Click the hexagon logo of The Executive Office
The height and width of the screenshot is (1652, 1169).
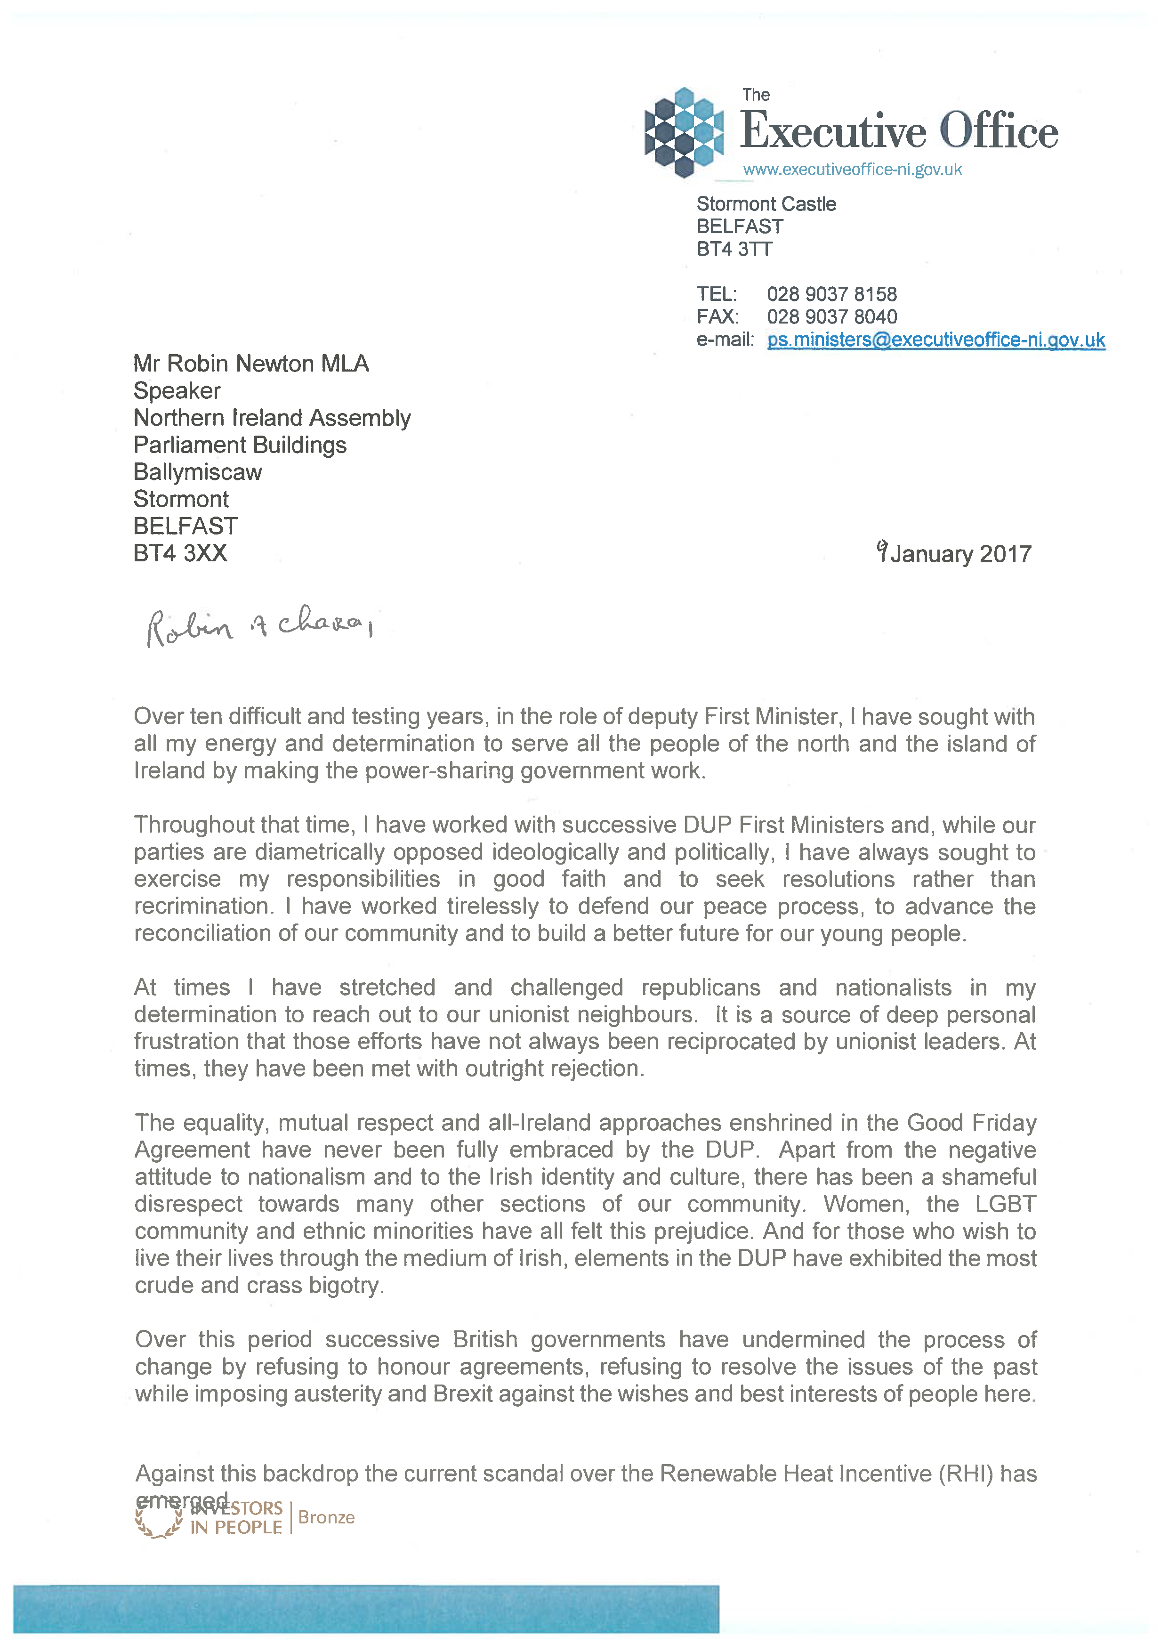click(683, 132)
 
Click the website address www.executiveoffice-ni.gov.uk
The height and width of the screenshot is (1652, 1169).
click(852, 170)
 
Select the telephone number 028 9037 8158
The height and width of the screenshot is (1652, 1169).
click(831, 294)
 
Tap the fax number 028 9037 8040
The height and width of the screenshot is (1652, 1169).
click(831, 317)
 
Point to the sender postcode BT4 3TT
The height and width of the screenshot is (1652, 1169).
click(734, 249)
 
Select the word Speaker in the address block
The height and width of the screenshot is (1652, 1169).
click(177, 391)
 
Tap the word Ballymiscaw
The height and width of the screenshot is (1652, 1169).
click(198, 472)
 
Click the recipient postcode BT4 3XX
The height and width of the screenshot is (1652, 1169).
click(180, 553)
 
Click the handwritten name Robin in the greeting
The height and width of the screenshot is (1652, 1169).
click(189, 628)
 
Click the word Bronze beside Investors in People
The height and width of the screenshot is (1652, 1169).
click(326, 1517)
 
